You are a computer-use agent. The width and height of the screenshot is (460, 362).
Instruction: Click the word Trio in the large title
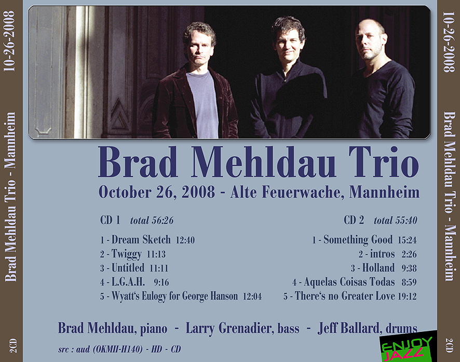click(384, 162)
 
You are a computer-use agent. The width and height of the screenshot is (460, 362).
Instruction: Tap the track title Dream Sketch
click(141, 239)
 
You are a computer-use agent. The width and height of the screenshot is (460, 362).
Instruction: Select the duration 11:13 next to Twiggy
click(156, 254)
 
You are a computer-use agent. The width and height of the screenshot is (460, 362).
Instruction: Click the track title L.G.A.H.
click(128, 282)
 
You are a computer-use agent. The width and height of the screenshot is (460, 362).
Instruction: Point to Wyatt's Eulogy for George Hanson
click(174, 296)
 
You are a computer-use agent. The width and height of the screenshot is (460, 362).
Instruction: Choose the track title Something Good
click(358, 239)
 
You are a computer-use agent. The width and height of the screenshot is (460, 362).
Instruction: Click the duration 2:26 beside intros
click(409, 254)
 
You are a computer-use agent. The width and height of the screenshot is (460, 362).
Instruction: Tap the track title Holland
click(378, 268)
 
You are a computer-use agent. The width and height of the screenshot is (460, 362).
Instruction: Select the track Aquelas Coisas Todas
click(349, 282)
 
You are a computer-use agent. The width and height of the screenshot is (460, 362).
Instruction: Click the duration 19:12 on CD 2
click(407, 296)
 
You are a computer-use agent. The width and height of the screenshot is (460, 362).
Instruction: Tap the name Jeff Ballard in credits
click(349, 328)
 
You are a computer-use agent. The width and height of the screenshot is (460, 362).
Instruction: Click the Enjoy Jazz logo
click(407, 347)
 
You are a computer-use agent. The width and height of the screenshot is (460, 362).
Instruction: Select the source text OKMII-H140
click(118, 349)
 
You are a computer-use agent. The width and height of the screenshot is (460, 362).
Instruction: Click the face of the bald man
click(369, 41)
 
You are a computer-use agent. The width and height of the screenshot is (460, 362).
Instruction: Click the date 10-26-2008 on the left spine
click(9, 41)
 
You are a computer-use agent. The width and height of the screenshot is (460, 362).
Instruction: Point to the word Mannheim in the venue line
click(384, 193)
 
